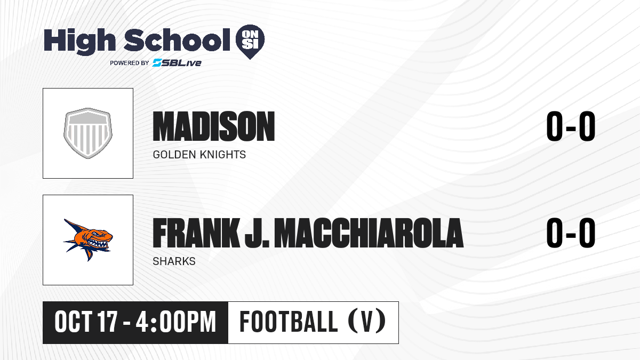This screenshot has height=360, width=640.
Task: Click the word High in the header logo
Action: pyautogui.click(x=79, y=42)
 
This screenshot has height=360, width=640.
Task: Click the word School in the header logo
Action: pyautogui.click(x=177, y=40)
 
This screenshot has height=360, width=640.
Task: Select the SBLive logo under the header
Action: pyautogui.click(x=177, y=62)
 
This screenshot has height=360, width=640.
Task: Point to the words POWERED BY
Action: pyautogui.click(x=130, y=63)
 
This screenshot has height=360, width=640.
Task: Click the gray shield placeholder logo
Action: pyautogui.click(x=88, y=133)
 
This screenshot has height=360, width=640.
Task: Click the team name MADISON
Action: pyautogui.click(x=214, y=126)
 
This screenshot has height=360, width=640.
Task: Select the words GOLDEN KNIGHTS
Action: pyautogui.click(x=199, y=155)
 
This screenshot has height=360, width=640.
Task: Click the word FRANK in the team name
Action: pyautogui.click(x=196, y=233)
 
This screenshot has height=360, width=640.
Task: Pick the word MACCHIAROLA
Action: pyautogui.click(x=371, y=233)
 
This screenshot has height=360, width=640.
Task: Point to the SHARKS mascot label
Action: pyautogui.click(x=174, y=261)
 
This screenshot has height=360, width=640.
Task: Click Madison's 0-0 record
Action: pyautogui.click(x=571, y=126)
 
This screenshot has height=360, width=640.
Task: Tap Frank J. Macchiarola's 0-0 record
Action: pyautogui.click(x=571, y=233)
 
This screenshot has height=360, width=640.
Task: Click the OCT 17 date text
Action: pyautogui.click(x=86, y=322)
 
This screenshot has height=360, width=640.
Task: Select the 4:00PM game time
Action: pyautogui.click(x=175, y=322)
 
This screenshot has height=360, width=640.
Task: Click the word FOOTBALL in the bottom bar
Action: pyautogui.click(x=289, y=322)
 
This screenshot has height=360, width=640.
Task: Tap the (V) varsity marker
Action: pyautogui.click(x=367, y=321)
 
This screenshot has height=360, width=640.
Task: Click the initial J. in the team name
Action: pyautogui.click(x=257, y=233)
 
